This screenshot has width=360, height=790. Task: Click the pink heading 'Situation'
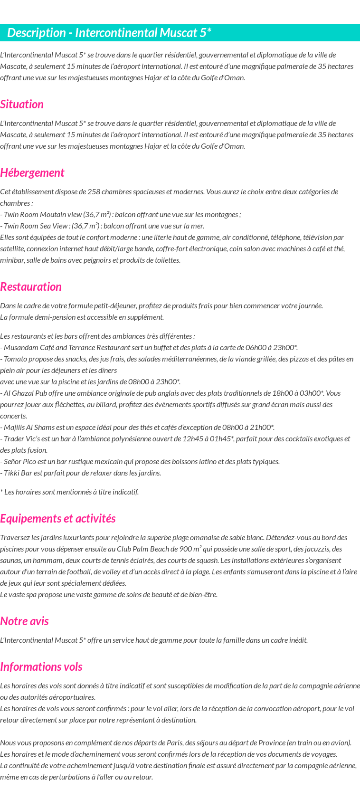[x=22, y=105]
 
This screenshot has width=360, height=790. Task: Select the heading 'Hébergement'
[x=32, y=173]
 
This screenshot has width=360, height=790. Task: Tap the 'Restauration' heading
[x=31, y=287]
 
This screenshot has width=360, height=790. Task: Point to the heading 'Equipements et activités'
[x=58, y=519]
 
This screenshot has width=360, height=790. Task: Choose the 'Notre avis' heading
[x=24, y=621]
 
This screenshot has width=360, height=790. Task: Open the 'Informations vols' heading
[x=41, y=667]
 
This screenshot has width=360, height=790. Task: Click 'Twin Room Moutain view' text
[x=43, y=215]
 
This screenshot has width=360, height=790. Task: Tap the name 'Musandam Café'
[x=27, y=348]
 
